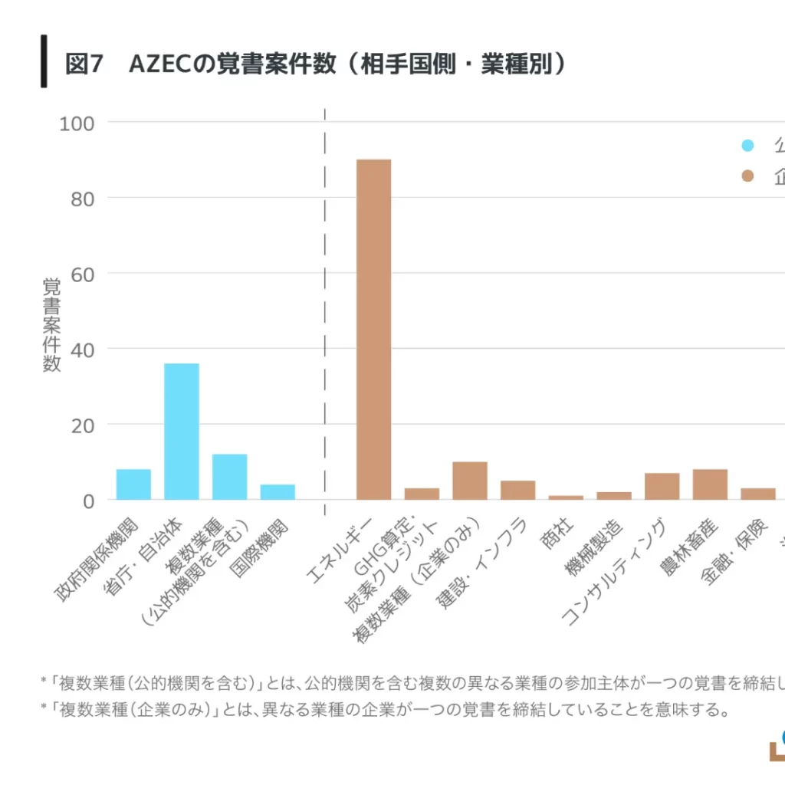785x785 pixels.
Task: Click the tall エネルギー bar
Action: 374,330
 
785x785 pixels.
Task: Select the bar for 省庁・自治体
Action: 182,432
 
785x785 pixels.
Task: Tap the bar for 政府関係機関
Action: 133,484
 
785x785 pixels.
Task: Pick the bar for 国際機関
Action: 278,492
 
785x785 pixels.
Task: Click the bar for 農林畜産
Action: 710,484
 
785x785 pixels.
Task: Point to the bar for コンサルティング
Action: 662,487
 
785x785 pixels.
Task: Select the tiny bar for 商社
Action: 566,498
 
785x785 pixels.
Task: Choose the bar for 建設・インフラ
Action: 517,491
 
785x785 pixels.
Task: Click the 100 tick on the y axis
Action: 76,123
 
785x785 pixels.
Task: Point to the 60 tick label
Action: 83,274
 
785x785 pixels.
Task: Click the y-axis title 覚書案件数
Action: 51,325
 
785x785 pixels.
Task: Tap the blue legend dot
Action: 747,146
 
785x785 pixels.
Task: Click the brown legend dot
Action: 747,177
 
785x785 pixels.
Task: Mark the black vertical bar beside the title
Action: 44,61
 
